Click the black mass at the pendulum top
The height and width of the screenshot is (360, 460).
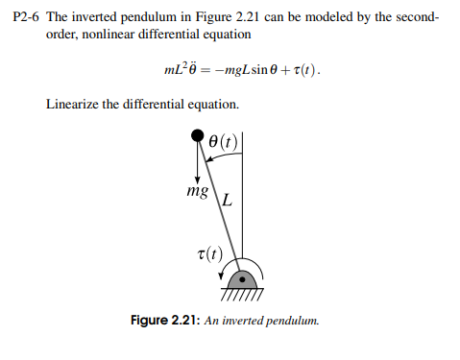tap(198, 138)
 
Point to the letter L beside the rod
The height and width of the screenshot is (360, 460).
tap(228, 202)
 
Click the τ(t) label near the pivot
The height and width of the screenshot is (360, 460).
tap(207, 254)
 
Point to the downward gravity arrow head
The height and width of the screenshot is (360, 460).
tap(197, 180)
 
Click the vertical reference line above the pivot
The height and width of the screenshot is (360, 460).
tap(243, 192)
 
